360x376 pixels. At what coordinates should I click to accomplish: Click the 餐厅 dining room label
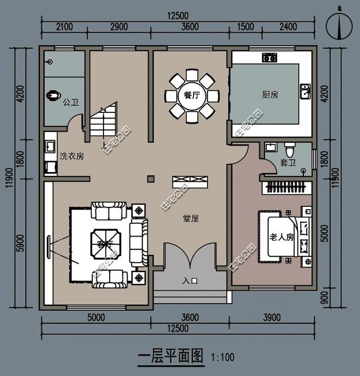click(x=192, y=95)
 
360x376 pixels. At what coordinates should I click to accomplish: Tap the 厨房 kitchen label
click(x=270, y=94)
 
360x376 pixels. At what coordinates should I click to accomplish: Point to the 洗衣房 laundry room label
click(x=71, y=156)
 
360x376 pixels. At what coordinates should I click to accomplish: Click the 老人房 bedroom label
click(x=282, y=237)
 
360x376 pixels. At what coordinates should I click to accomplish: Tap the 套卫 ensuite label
click(x=287, y=163)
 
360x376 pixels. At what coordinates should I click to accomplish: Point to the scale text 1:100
click(x=223, y=357)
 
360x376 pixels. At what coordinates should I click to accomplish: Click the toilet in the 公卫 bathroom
click(x=53, y=96)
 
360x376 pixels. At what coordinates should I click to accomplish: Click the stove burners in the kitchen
click(x=268, y=57)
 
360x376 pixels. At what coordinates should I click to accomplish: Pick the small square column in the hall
click(x=151, y=179)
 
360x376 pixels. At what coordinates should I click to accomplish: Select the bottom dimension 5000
click(x=96, y=318)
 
